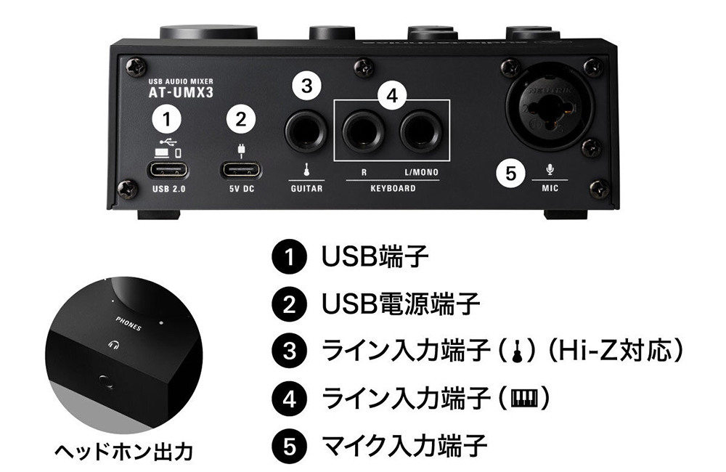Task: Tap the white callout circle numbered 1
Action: tap(167, 118)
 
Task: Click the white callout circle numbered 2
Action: tap(241, 119)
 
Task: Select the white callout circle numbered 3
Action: tap(306, 86)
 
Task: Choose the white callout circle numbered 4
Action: tap(392, 97)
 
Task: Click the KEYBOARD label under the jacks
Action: tap(392, 189)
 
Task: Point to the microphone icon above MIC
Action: tap(550, 170)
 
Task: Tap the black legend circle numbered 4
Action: tap(290, 398)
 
